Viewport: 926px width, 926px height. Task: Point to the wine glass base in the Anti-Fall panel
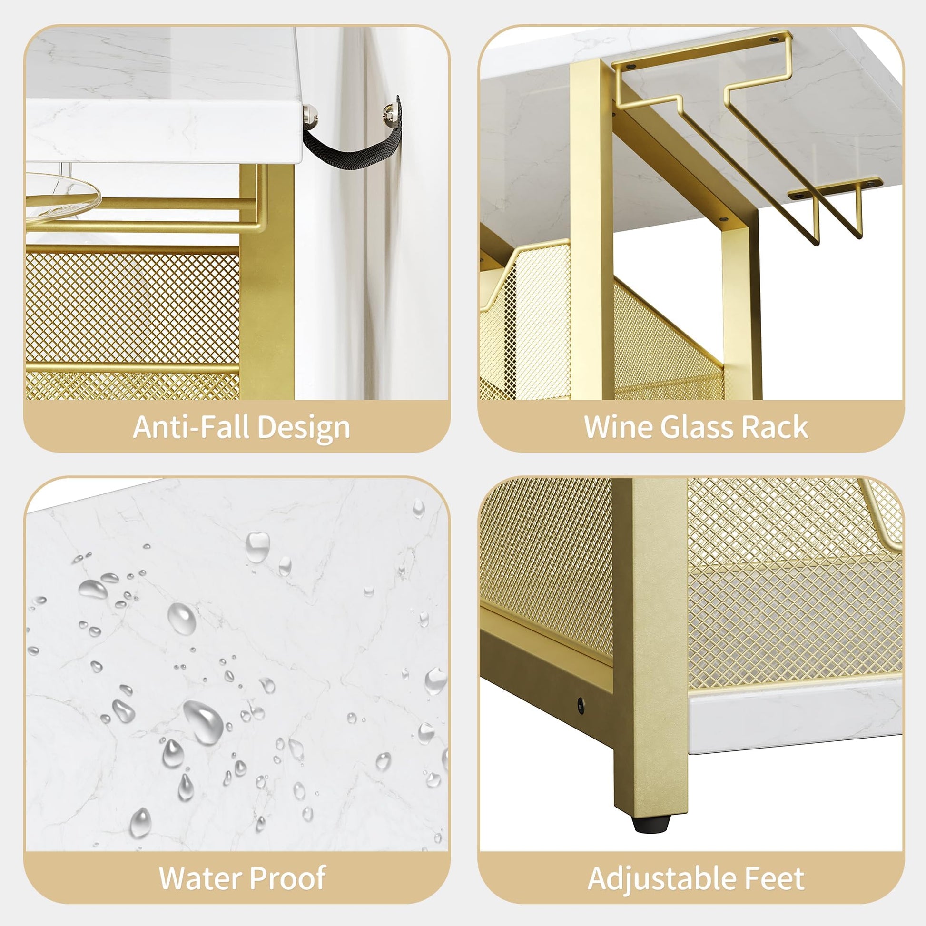[x=62, y=197]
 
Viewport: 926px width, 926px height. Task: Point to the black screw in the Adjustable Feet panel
[x=581, y=705]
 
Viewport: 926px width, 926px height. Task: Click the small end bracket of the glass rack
[x=835, y=188]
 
